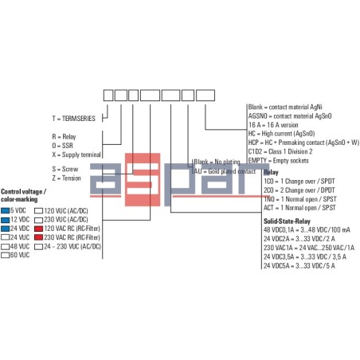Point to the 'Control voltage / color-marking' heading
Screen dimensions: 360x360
24,196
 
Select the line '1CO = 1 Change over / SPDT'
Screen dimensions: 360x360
298,181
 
